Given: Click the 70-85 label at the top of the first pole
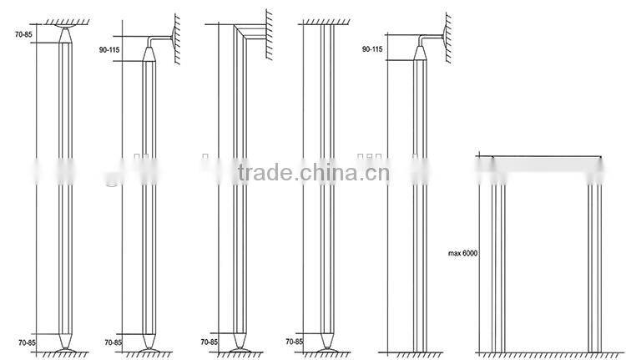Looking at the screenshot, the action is (x=24, y=35).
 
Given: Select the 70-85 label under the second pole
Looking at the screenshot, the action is (x=114, y=342).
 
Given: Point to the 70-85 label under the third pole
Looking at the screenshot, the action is (x=210, y=342).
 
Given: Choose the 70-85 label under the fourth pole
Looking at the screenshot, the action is (x=294, y=342).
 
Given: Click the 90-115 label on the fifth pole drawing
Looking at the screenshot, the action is (x=372, y=50).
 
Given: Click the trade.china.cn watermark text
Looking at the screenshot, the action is (x=313, y=174).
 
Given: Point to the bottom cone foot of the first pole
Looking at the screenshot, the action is (x=65, y=341).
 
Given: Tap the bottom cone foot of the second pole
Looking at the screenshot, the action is (x=149, y=341).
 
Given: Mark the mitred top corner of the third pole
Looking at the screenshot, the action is (x=244, y=31).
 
